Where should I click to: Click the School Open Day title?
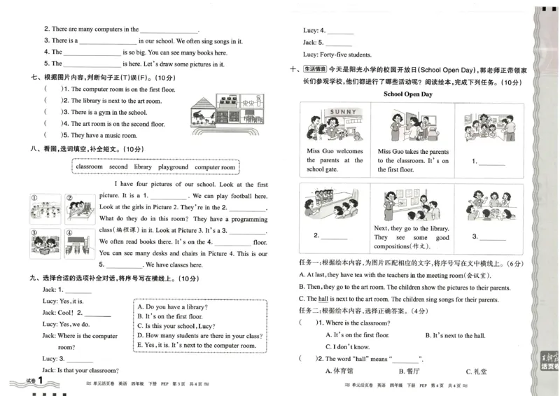(408, 94)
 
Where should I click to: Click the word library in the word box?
(142, 167)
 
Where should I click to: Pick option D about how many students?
(199, 335)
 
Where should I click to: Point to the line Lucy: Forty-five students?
(337, 55)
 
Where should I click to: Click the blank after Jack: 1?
(78, 290)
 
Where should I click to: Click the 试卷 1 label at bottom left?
(30, 381)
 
